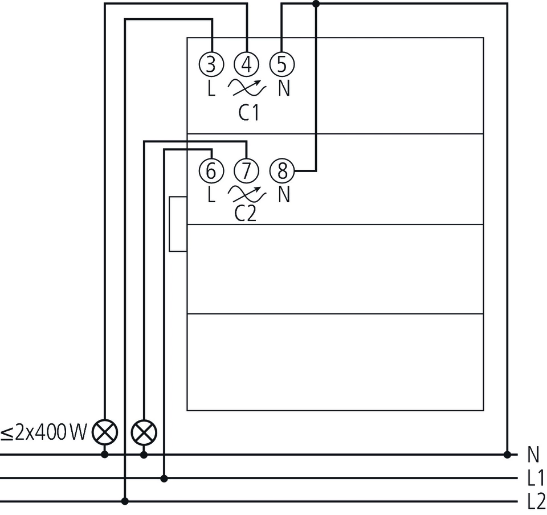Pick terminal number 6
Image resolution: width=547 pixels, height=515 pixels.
pos(211,170)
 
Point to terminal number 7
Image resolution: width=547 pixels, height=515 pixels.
pos(246,170)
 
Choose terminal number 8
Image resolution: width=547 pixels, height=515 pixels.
pos(281,170)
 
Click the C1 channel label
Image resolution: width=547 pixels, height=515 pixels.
pos(248,113)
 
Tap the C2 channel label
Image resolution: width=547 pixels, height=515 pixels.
pos(246,214)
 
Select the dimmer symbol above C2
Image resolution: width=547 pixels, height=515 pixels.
pos(247,194)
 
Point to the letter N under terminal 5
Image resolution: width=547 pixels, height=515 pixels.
pos(284,89)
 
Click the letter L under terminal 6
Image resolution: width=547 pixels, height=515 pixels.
pos(211,195)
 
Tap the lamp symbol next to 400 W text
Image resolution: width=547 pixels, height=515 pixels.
pos(105,434)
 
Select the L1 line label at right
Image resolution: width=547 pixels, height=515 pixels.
pos(536,478)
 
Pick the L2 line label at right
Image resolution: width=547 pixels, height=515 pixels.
pos(536,501)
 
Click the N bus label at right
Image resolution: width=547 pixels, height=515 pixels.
pos(533,455)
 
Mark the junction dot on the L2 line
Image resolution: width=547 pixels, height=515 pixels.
pos(125,501)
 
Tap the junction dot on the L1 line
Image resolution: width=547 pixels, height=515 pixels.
pos(165,478)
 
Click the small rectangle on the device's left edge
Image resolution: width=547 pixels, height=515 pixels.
pos(178,224)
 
